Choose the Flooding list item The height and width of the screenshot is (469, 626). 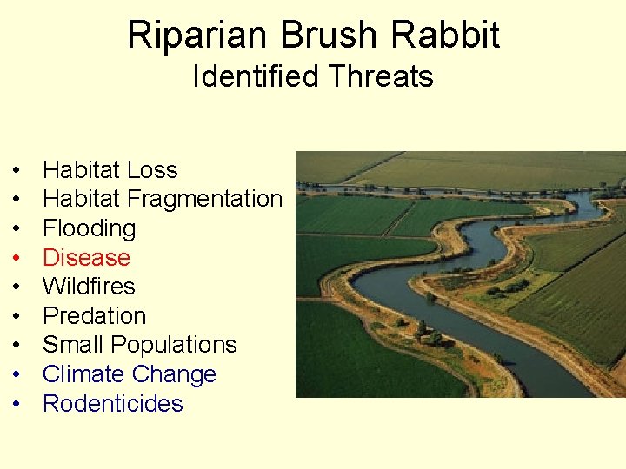click(89, 228)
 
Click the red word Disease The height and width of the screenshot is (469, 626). click(86, 258)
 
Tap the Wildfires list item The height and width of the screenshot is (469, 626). click(89, 287)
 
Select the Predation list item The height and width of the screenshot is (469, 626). click(94, 316)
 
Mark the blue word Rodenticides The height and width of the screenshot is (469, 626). click(113, 404)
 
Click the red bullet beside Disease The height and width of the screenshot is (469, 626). click(17, 259)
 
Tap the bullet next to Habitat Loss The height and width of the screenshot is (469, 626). click(17, 171)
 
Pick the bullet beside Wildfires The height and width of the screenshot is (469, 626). click(17, 287)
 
